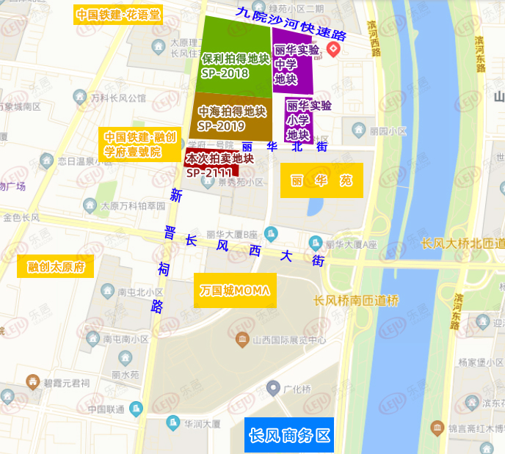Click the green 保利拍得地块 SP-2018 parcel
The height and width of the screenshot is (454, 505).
pyautogui.click(x=235, y=59)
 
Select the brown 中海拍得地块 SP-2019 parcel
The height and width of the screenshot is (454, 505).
pyautogui.click(x=231, y=117)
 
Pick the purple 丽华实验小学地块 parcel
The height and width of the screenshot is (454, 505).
pyautogui.click(x=298, y=121)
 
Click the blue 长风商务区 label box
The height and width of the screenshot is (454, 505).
pyautogui.click(x=289, y=435)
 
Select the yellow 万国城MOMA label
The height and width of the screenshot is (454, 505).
pyautogui.click(x=235, y=290)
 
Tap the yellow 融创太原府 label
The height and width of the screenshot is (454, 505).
pyautogui.click(x=56, y=267)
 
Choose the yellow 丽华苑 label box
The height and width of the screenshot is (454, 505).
pyautogui.click(x=321, y=180)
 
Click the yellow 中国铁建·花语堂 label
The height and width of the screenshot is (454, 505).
pyautogui.click(x=118, y=15)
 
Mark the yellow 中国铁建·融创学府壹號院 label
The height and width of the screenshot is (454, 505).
pyautogui.click(x=139, y=144)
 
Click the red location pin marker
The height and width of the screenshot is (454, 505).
pyautogui.click(x=333, y=50)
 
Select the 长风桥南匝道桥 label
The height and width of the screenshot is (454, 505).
pyautogui.click(x=355, y=301)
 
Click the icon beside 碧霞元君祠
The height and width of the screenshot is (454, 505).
pyautogui.click(x=33, y=381)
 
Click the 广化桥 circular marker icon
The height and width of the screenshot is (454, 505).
pyautogui.click(x=274, y=387)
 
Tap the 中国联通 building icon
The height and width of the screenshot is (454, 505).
pyautogui.click(x=135, y=409)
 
